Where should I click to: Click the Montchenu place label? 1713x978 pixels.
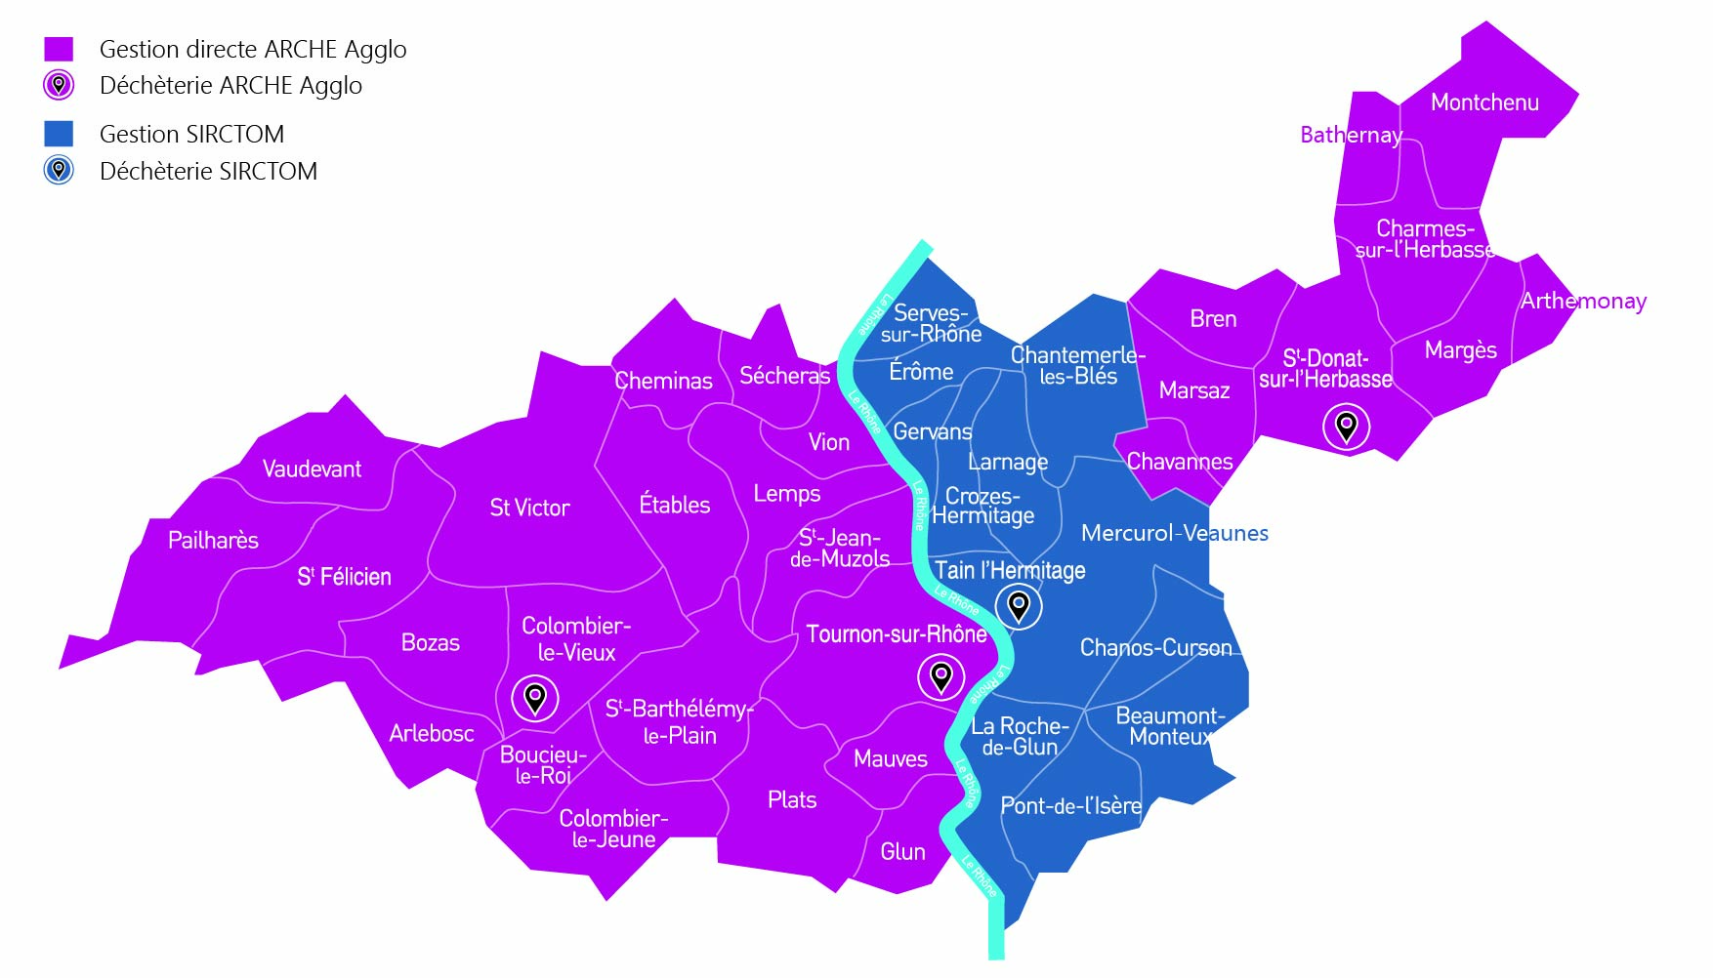click(1484, 102)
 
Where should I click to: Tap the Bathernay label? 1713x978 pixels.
click(1351, 135)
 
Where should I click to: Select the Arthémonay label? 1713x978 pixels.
click(1583, 301)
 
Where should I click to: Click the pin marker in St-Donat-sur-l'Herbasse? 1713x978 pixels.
click(1347, 427)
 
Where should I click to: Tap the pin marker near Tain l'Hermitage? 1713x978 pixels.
click(1019, 606)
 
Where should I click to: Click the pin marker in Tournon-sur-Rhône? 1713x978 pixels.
click(941, 676)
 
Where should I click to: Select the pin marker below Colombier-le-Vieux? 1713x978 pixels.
click(535, 698)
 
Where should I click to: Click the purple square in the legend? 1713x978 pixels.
click(59, 49)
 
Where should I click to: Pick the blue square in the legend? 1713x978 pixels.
click(59, 134)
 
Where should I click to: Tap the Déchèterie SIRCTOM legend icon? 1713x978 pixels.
click(59, 171)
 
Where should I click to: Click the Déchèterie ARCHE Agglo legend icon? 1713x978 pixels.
click(59, 85)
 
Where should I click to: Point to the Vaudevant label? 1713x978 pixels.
click(312, 469)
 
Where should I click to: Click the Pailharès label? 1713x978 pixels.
click(213, 540)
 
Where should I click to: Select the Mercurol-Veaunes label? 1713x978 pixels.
click(1174, 533)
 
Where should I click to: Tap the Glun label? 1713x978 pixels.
click(902, 852)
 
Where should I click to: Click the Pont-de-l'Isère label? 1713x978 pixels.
click(1070, 806)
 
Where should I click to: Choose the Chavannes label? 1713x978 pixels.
click(1180, 462)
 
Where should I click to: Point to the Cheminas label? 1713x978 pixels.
click(663, 381)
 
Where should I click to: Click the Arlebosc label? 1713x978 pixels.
click(432, 733)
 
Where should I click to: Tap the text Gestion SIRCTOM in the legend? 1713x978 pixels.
click(191, 134)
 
